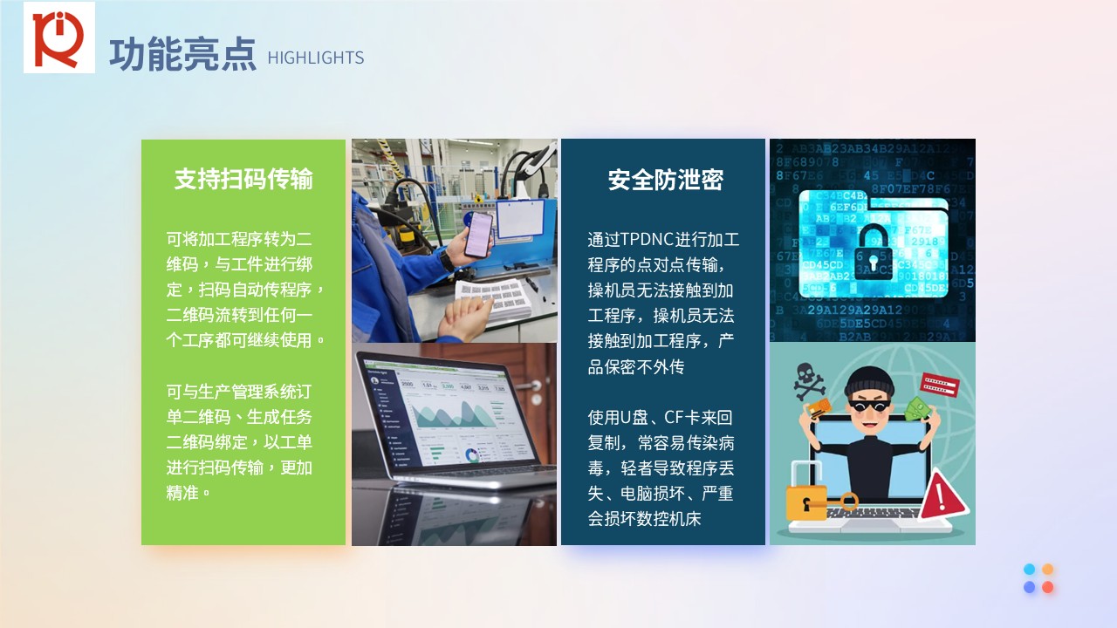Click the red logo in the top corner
click(x=58, y=38)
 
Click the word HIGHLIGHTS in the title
click(x=316, y=58)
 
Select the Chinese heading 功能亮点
click(x=182, y=54)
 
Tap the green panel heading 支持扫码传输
click(x=243, y=179)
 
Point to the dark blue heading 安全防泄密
click(x=665, y=180)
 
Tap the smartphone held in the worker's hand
click(x=478, y=235)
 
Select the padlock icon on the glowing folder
click(x=874, y=254)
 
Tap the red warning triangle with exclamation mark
click(x=942, y=495)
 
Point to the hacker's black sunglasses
click(x=870, y=406)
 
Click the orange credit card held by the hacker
click(x=819, y=408)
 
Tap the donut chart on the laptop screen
click(x=471, y=455)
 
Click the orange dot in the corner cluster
click(x=1048, y=570)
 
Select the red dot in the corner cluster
click(x=1048, y=587)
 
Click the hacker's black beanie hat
click(x=870, y=381)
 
